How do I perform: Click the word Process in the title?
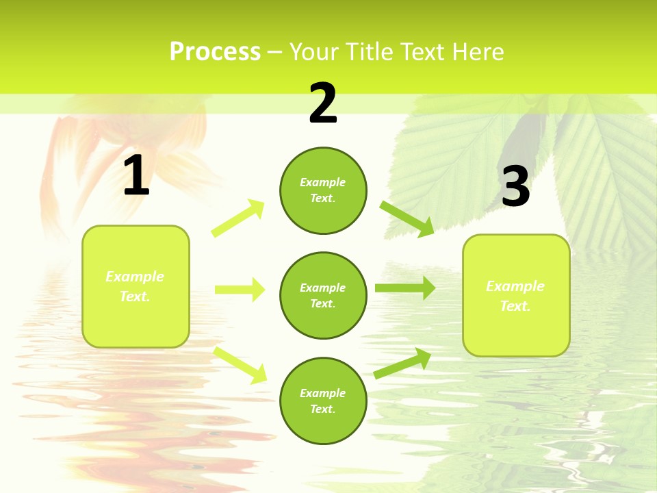215,52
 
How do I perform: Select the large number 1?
136,177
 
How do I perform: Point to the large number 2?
323,104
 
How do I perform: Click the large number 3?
515,187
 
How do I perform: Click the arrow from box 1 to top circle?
238,218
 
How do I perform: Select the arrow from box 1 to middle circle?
240,290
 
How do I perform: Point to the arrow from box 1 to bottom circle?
240,365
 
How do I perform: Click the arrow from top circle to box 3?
407,219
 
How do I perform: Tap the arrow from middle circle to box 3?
405,288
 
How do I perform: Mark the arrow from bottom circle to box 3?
402,364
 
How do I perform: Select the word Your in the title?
312,52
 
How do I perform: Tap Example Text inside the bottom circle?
322,401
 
